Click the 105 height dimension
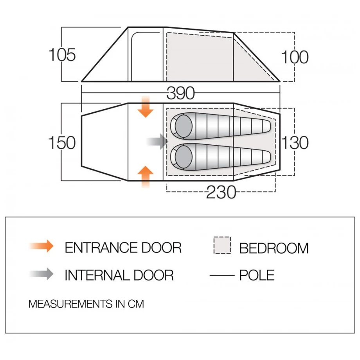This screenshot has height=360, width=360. tap(62, 55)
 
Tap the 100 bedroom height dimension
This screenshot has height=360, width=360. tap(295, 57)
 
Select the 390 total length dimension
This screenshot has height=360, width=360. tap(181, 93)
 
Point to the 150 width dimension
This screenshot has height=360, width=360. tap(62, 142)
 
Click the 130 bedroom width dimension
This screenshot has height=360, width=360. tap(295, 142)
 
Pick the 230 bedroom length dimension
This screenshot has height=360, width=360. tap(221, 192)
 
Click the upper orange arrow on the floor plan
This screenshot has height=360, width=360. tap(145, 107)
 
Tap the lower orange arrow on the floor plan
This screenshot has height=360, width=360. tap(145, 176)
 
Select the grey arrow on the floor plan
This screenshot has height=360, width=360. tap(157, 141)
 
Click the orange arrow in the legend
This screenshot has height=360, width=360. tap(41, 246)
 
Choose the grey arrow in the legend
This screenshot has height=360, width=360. tap(41, 274)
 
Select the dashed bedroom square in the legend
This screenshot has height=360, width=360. tap(222, 245)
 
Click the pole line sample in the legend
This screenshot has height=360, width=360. tap(222, 275)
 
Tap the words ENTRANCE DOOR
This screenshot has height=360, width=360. tap(123, 248)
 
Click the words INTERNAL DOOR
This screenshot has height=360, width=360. tap(119, 275)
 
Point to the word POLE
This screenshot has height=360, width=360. tap(257, 275)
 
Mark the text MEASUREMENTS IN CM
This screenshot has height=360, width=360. tap(86, 304)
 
